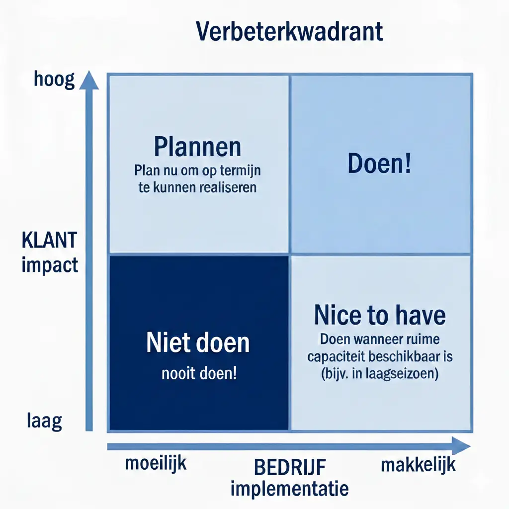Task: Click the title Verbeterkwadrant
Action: click(289, 32)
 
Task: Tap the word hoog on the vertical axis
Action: click(54, 79)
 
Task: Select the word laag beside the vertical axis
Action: click(44, 422)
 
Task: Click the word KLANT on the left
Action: click(49, 241)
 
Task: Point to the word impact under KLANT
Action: click(50, 264)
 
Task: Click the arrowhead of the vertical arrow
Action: click(89, 80)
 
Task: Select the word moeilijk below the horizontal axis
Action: click(156, 464)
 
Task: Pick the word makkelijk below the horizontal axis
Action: click(418, 465)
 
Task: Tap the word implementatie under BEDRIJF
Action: click(289, 489)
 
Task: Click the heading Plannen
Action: click(197, 147)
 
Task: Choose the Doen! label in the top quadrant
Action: click(379, 164)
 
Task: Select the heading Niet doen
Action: click(198, 343)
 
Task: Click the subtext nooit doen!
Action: click(199, 373)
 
